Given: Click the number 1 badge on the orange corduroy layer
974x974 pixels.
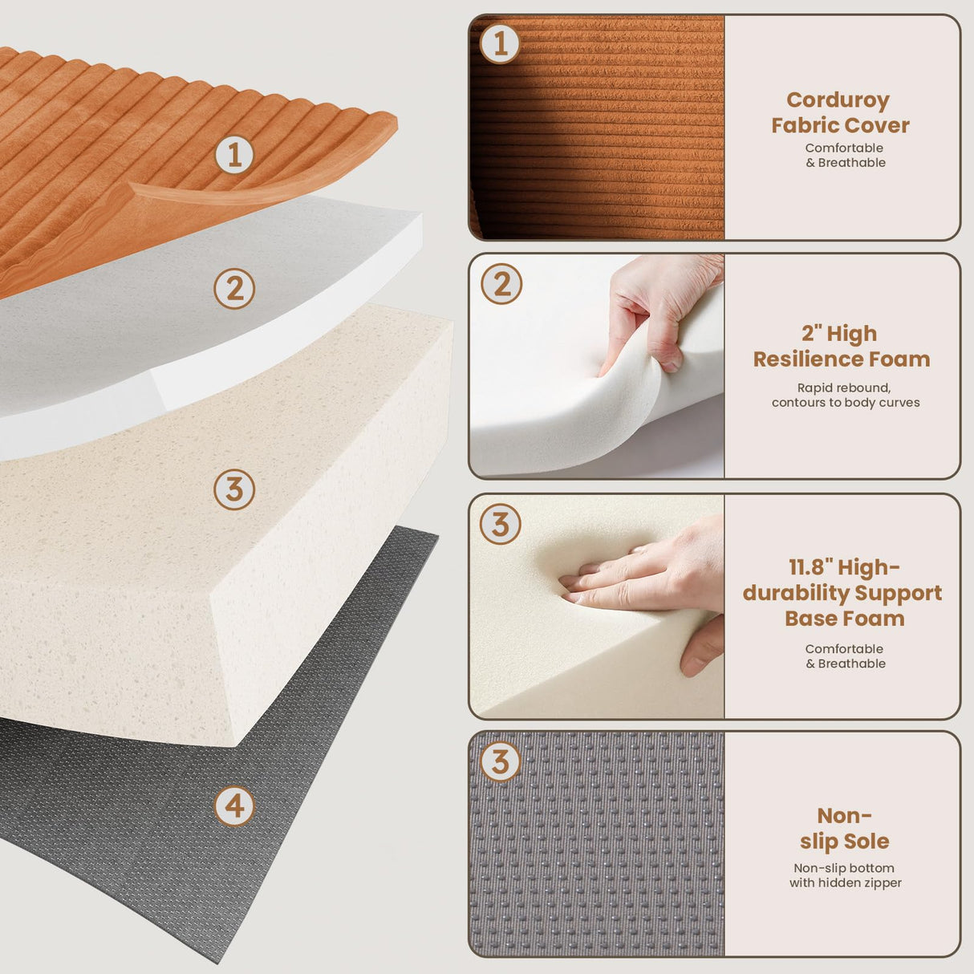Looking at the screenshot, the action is point(234,155).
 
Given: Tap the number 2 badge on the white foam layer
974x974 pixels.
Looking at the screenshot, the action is point(234,289).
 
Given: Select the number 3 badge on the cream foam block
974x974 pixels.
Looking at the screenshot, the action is point(234,489).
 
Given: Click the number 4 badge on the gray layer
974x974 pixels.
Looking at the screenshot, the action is point(234,806).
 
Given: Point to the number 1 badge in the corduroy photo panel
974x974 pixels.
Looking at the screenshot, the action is point(501,43).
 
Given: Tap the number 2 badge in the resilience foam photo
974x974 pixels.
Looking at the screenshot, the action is point(501,283).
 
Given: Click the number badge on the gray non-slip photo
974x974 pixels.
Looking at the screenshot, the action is point(501,761).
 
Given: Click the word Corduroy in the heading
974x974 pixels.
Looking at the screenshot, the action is point(838,100).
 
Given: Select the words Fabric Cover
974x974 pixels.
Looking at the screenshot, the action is point(840,125).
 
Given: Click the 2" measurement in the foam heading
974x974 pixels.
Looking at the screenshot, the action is point(813,334).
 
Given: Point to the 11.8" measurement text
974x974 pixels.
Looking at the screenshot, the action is point(812,567).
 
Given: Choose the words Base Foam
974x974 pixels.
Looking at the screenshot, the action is point(845,619).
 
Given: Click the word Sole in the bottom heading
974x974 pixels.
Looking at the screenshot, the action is point(866,841).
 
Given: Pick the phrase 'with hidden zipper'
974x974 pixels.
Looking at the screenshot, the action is point(846,883).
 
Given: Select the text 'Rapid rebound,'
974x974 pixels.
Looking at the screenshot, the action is point(844,388).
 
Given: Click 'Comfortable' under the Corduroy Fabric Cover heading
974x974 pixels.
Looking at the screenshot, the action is point(844,148).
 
